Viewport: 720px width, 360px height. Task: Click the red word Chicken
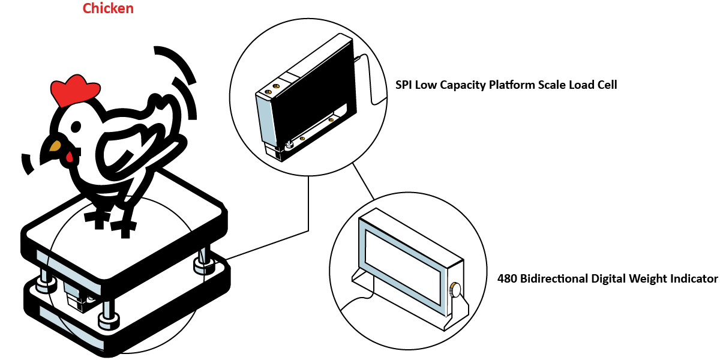tap(108, 8)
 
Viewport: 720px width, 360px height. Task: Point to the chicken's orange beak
tap(55, 145)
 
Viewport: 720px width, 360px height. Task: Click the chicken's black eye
tap(76, 127)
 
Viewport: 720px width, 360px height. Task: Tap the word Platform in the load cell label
tap(514, 85)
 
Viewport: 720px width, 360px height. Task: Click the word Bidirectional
tap(554, 278)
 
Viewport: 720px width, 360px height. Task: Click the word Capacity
tap(464, 85)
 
